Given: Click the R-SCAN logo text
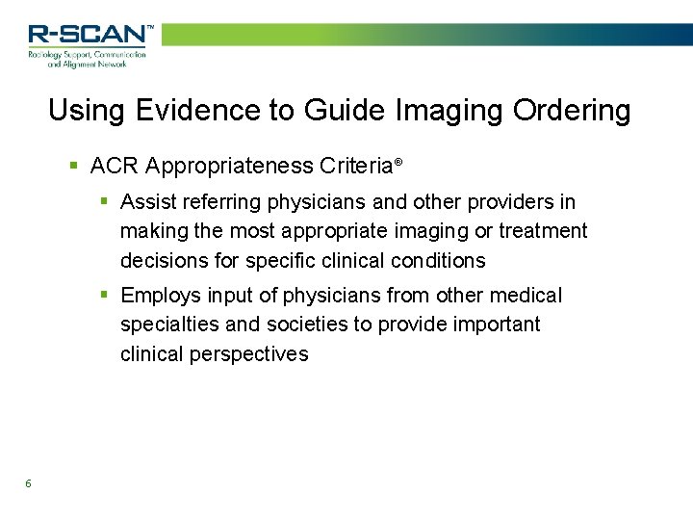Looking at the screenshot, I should point(89,35).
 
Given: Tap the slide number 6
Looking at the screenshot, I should point(29,483).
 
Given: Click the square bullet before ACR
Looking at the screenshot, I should point(75,167).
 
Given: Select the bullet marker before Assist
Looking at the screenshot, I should point(106,202).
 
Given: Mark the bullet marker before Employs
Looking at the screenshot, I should point(106,296).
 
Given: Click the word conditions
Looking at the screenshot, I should point(439,260).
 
